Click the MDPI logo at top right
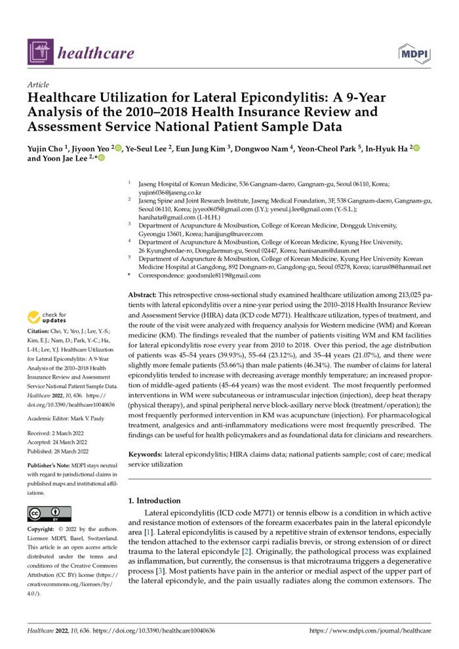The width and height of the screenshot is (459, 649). pos(415,52)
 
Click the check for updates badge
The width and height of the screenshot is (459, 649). pos(48,318)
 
